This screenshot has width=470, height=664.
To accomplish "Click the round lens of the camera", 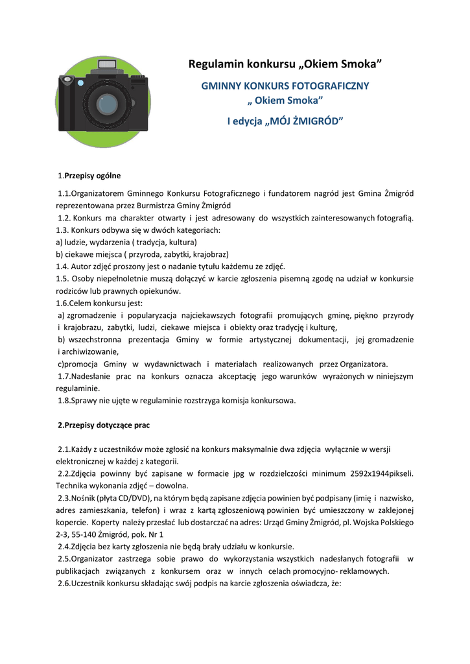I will click(x=107, y=104).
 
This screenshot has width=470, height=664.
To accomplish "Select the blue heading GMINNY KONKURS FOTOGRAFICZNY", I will click(x=285, y=86).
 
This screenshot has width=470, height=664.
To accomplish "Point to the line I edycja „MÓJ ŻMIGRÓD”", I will click(x=285, y=121).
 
